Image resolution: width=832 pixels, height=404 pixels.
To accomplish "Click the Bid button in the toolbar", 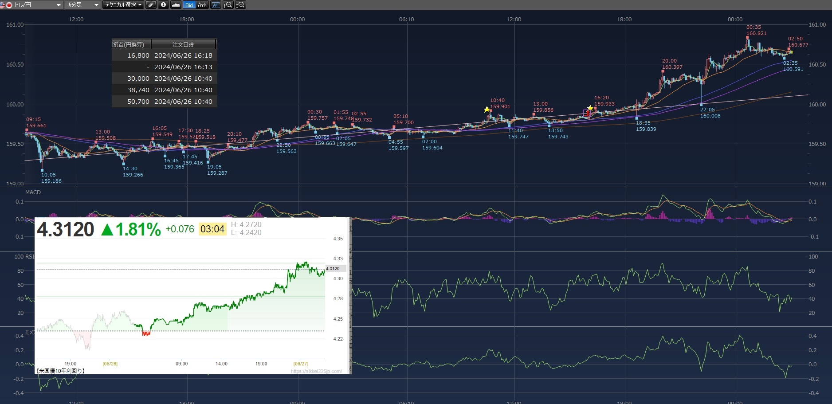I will pyautogui.click(x=189, y=5).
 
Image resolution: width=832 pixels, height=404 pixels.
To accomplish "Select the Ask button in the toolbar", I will pyautogui.click(x=202, y=5).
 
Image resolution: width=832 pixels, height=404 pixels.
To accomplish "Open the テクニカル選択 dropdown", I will pyautogui.click(x=123, y=5).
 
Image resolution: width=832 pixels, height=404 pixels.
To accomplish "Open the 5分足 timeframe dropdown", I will pyautogui.click(x=83, y=5).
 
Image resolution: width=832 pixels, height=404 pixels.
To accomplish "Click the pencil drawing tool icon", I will pyautogui.click(x=151, y=5).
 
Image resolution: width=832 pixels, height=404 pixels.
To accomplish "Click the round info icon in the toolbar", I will pyautogui.click(x=163, y=5).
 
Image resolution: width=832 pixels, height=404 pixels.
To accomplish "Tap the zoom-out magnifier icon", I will pyautogui.click(x=228, y=5).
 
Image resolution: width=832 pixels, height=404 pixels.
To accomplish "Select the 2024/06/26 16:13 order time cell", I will pyautogui.click(x=183, y=67).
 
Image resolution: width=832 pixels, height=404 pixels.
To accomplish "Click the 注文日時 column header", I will pyautogui.click(x=183, y=44).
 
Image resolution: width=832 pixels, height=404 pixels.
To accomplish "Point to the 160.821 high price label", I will pyautogui.click(x=756, y=33).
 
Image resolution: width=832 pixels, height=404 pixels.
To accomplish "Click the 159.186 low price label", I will pyautogui.click(x=51, y=181).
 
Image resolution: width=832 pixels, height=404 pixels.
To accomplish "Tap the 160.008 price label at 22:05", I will pyautogui.click(x=710, y=116).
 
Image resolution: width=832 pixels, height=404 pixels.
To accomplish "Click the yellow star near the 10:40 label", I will pyautogui.click(x=487, y=110).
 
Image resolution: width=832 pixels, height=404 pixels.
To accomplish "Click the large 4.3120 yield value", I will pyautogui.click(x=66, y=230).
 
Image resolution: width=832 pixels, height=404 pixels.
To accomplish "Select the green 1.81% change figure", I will pyautogui.click(x=131, y=230).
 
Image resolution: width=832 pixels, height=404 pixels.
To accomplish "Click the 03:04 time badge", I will pyautogui.click(x=212, y=229).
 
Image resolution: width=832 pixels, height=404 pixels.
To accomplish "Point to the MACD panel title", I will pyautogui.click(x=33, y=192).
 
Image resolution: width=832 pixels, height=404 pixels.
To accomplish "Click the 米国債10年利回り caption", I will pyautogui.click(x=61, y=371).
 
